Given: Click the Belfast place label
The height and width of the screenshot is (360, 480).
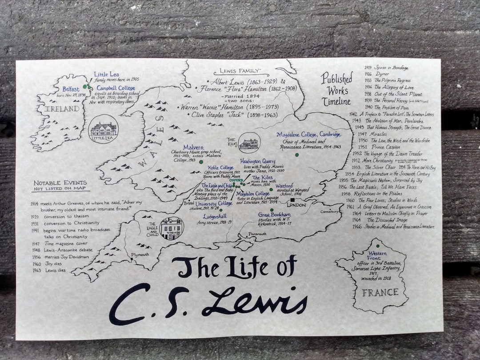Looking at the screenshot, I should [x=71, y=89].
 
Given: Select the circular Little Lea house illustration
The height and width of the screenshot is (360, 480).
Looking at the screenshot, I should [x=104, y=129].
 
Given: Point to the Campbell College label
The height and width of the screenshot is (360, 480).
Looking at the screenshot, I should [x=116, y=88].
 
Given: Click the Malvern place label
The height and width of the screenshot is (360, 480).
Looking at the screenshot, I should [x=193, y=148].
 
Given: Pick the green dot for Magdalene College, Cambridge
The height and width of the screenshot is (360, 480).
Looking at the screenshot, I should [x=296, y=155].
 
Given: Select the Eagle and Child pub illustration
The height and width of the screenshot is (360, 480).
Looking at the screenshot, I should [x=171, y=228].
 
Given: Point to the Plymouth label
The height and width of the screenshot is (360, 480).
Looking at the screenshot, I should [x=140, y=255].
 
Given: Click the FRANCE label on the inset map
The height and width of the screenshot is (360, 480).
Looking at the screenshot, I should [x=380, y=292].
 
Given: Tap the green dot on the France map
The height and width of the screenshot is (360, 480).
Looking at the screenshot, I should [x=378, y=246].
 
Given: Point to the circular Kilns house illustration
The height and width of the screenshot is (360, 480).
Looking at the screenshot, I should [x=249, y=143].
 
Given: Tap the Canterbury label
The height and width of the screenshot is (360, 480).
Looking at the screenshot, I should [x=329, y=212].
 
